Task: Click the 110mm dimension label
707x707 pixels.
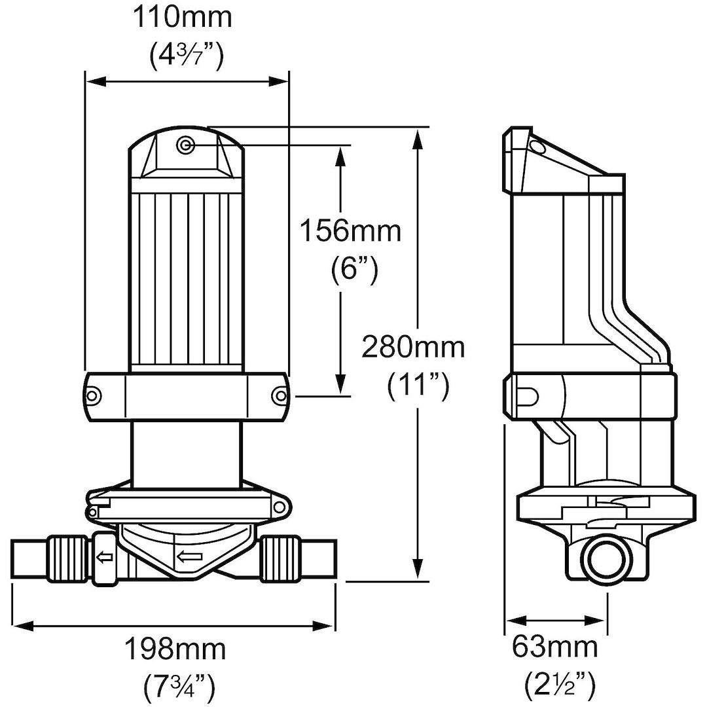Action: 183,18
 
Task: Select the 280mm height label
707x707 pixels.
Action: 413,347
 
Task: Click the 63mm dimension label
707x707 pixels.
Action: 555,647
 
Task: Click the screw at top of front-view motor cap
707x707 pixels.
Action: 186,145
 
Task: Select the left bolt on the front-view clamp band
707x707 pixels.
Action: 94,395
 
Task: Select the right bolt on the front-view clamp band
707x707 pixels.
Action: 280,395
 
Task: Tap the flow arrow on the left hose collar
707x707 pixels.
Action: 103,558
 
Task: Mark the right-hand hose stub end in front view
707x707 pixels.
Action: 318,557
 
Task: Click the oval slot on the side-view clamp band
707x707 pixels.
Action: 528,395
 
